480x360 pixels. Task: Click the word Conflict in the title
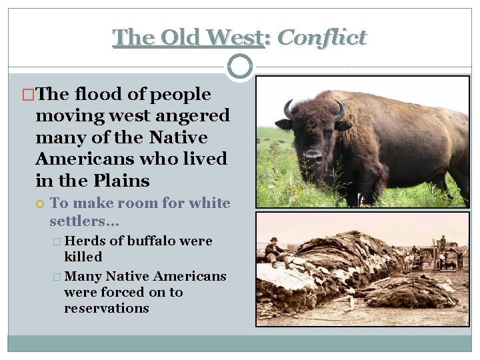(321, 37)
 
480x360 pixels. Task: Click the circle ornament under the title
(240, 66)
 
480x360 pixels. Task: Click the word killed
(83, 257)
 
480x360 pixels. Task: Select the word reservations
(106, 308)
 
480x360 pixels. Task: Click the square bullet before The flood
(29, 95)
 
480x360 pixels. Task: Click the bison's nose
(313, 157)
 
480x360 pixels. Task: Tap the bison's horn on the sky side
(288, 109)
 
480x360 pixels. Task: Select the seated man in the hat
(273, 249)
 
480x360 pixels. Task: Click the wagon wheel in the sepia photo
(426, 257)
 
